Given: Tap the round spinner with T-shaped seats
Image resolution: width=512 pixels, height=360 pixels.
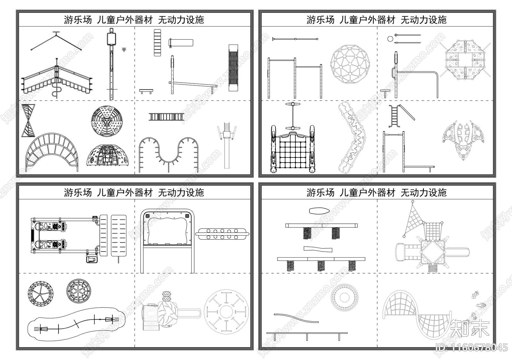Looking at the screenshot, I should click(x=226, y=311).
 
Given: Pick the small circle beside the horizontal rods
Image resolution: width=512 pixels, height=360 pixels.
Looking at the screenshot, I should click(x=390, y=39).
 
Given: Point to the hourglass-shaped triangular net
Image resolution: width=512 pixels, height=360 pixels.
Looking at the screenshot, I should click(x=28, y=120).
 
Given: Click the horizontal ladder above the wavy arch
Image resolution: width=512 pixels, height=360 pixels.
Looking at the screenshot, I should click(x=166, y=117).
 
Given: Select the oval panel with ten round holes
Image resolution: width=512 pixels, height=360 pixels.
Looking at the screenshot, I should click(x=222, y=234).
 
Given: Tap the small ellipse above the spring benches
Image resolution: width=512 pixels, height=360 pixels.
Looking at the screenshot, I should click(x=319, y=211).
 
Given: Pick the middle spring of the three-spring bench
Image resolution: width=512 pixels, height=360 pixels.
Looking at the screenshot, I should click(x=321, y=266).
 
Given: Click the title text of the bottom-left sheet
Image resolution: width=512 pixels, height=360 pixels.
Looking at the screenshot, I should click(x=134, y=193).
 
